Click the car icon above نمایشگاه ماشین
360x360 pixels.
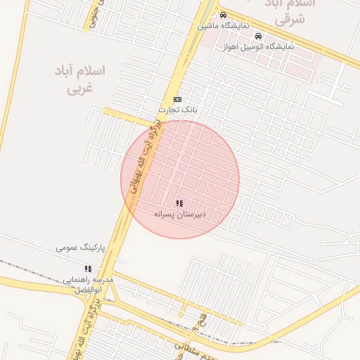pyautogui.click(x=223, y=15)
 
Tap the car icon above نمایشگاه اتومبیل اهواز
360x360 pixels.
pyautogui.click(x=258, y=36)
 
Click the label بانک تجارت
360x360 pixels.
pyautogui.click(x=179, y=110)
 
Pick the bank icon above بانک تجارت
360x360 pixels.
pyautogui.click(x=176, y=99)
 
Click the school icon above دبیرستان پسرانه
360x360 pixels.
pyautogui.click(x=179, y=203)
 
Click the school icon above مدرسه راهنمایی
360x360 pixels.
pyautogui.click(x=88, y=269)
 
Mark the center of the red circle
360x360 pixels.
pyautogui.click(x=180, y=179)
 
